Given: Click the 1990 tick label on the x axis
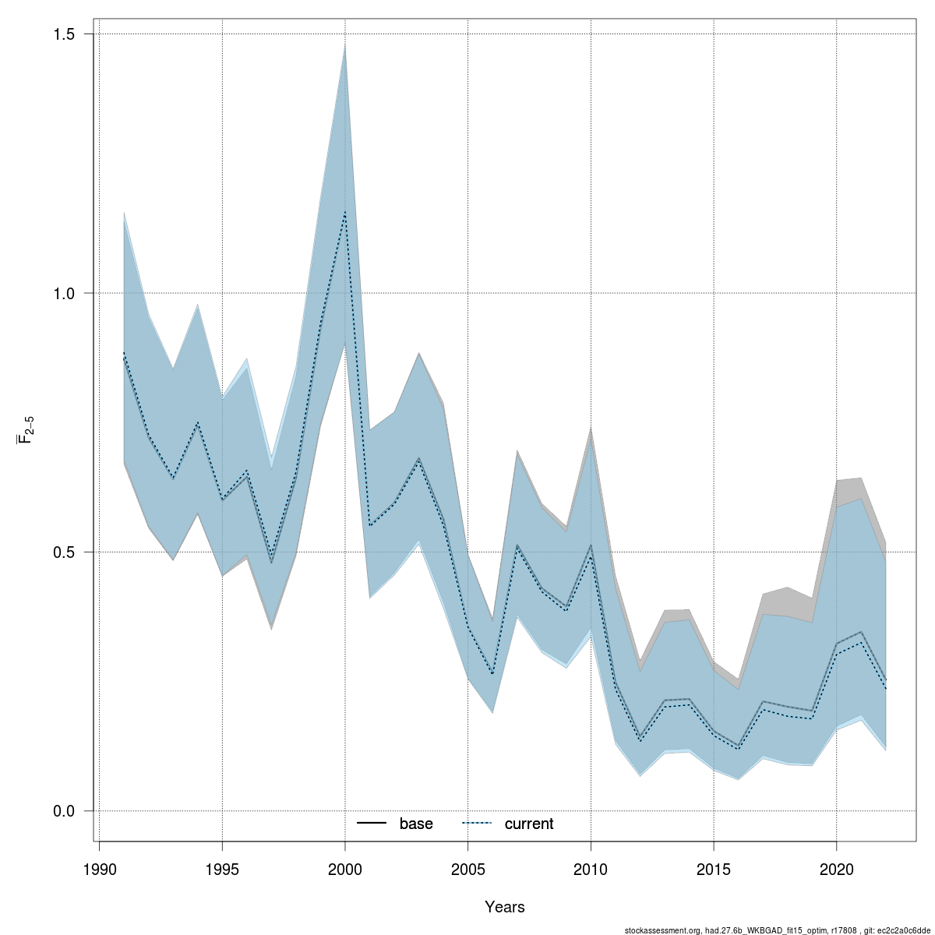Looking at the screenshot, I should tap(100, 870).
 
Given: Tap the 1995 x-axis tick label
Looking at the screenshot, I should tap(223, 870).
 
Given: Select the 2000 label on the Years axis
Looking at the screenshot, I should tap(345, 870).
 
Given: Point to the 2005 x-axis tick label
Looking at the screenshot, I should tap(468, 870).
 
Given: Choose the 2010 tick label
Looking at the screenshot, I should tap(591, 870).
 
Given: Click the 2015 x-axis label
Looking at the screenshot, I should tap(714, 870).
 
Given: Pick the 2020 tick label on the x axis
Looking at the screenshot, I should tap(836, 870).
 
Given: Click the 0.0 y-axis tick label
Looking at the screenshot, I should tap(64, 811).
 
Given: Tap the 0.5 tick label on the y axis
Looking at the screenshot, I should tap(64, 552).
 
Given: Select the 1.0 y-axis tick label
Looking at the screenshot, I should tap(64, 294).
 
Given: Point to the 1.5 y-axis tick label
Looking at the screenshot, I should tap(64, 34).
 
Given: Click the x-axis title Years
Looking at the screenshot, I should tap(505, 907).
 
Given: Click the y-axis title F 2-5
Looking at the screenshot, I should tap(26, 430).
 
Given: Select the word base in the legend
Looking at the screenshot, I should tap(416, 824).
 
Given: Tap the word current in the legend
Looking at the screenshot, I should tap(529, 824).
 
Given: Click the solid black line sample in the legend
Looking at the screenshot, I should tap(372, 824).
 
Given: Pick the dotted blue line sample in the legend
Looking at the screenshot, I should tap(477, 824).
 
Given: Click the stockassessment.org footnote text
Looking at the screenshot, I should tap(778, 930).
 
